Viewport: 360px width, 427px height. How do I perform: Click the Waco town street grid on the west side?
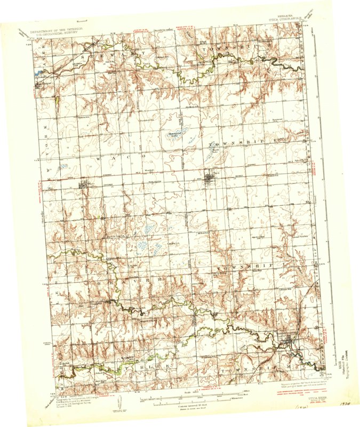click(x=85, y=186)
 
